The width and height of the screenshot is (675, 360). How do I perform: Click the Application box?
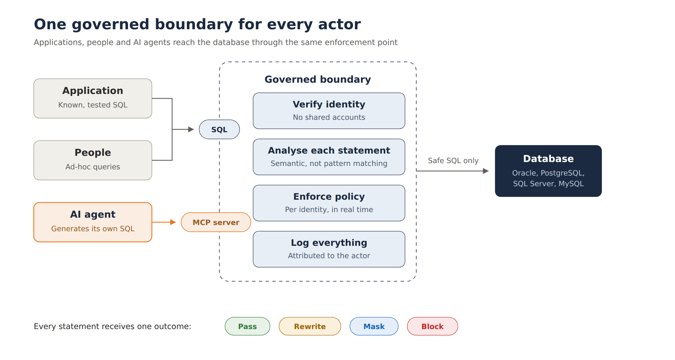click(x=93, y=98)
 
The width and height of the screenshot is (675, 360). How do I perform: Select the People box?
click(x=93, y=160)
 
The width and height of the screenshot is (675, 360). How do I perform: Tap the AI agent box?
click(x=93, y=222)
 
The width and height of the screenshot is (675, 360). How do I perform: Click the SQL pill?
click(x=219, y=129)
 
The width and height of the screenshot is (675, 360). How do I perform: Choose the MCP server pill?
click(x=216, y=222)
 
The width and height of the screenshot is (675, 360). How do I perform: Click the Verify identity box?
click(x=329, y=111)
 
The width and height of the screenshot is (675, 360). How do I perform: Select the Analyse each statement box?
click(x=329, y=157)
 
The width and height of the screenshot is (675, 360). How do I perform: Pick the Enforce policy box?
click(x=329, y=203)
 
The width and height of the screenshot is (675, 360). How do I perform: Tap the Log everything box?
click(x=329, y=249)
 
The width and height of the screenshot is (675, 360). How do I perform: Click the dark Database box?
click(x=548, y=171)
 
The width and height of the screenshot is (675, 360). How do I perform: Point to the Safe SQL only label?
click(x=453, y=161)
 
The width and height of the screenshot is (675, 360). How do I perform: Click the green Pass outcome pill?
click(x=247, y=326)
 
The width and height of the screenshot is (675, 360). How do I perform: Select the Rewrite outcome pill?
click(x=310, y=326)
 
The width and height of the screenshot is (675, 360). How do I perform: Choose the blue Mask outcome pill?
click(x=374, y=326)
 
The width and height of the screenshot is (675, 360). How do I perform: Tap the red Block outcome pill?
click(x=433, y=326)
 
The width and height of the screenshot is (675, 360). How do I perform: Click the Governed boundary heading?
click(x=318, y=79)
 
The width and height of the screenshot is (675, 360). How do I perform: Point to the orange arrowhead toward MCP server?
click(x=173, y=222)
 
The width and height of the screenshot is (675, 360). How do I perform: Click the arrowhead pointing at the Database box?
click(x=486, y=171)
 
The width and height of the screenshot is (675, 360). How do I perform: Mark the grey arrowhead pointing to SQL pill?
click(x=191, y=129)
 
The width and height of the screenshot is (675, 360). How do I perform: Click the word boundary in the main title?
click(x=194, y=24)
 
